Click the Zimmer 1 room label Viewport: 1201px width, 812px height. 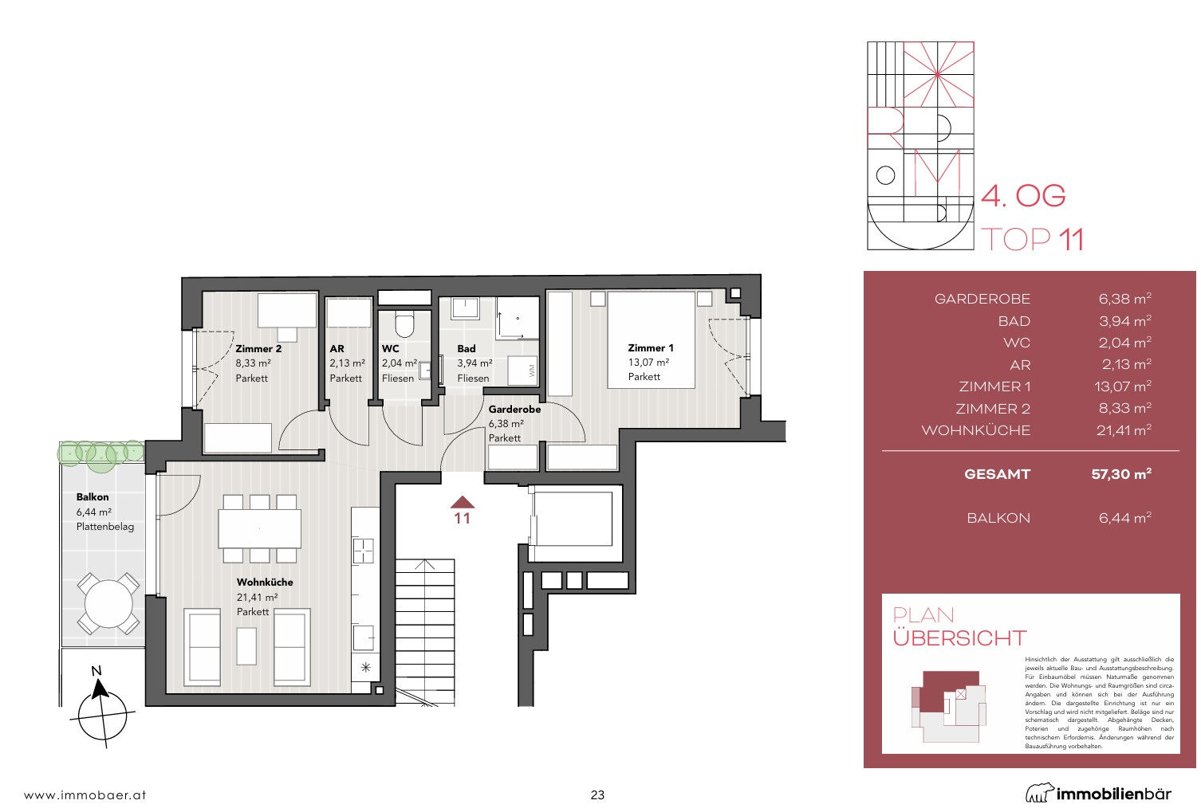[651, 348]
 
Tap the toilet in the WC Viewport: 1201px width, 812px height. [405, 324]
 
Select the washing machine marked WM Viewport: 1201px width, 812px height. [523, 370]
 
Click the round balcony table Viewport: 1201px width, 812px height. [108, 604]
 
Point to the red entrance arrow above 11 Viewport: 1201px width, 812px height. [463, 502]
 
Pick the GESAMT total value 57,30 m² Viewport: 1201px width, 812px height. [1121, 474]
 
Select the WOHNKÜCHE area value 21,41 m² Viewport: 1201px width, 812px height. [1124, 430]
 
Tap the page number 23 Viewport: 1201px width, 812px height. [597, 794]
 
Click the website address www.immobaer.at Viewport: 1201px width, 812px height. [85, 794]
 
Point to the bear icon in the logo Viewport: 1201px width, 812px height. [1039, 793]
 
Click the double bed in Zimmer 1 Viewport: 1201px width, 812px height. [651, 339]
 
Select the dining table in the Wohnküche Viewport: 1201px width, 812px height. [259, 528]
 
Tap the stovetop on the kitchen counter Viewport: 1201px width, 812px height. [363, 550]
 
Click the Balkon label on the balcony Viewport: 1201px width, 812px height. [93, 497]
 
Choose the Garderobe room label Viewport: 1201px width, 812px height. [514, 410]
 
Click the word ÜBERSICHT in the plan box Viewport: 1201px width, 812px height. [959, 638]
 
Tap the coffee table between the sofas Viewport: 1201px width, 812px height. [246, 646]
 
